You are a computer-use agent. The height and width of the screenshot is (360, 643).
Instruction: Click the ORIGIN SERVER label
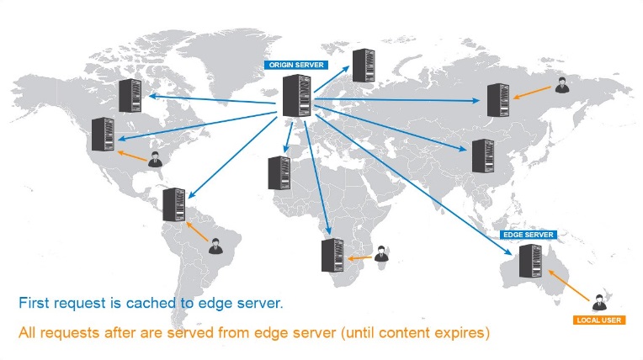pyautogui.click(x=296, y=65)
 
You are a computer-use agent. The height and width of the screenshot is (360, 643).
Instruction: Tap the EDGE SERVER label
pyautogui.click(x=527, y=235)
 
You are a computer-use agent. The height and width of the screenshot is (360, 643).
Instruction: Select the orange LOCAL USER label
pyautogui.click(x=598, y=320)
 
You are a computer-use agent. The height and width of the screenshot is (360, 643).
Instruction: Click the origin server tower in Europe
pyautogui.click(x=297, y=97)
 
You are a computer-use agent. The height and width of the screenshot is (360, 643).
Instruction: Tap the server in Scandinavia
pyautogui.click(x=364, y=66)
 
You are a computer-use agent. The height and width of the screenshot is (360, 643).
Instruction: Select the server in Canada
pyautogui.click(x=130, y=95)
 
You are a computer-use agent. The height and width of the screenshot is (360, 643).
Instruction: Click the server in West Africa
pyautogui.click(x=279, y=172)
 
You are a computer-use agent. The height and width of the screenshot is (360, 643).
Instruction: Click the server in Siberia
pyautogui.click(x=497, y=100)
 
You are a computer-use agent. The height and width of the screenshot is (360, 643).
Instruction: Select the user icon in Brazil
pyautogui.click(x=215, y=246)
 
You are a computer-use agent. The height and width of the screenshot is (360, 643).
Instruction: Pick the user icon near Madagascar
pyautogui.click(x=381, y=253)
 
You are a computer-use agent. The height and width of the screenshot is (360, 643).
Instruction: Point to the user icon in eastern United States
pyautogui.click(x=155, y=160)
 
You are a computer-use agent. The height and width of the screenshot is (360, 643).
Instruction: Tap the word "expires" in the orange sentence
pyautogui.click(x=463, y=332)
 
